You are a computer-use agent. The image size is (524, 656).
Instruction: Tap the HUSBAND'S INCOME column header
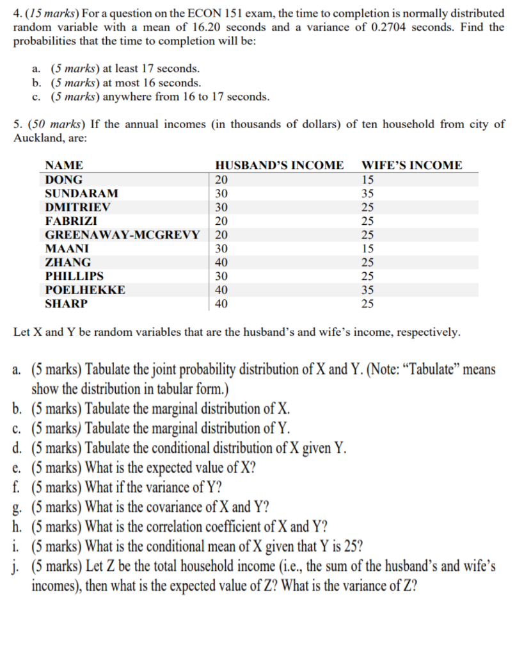pos(279,165)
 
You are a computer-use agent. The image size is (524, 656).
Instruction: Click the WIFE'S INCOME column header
pos(412,165)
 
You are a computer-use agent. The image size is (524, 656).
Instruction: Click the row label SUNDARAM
pos(81,193)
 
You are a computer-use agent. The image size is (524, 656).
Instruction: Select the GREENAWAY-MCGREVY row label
pos(122,234)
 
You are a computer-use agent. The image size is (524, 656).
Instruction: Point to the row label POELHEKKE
pos(85,290)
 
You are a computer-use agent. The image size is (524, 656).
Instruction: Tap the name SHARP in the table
pos(67,304)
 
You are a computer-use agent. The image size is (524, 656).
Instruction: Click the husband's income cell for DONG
pos(221,179)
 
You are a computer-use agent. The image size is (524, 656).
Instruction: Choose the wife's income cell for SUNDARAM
pos(367,193)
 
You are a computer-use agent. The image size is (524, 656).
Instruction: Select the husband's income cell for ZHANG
pos(221,262)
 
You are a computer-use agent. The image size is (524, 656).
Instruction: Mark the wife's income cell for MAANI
pos(367,248)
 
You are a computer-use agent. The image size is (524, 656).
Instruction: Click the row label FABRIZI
pos(71,220)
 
